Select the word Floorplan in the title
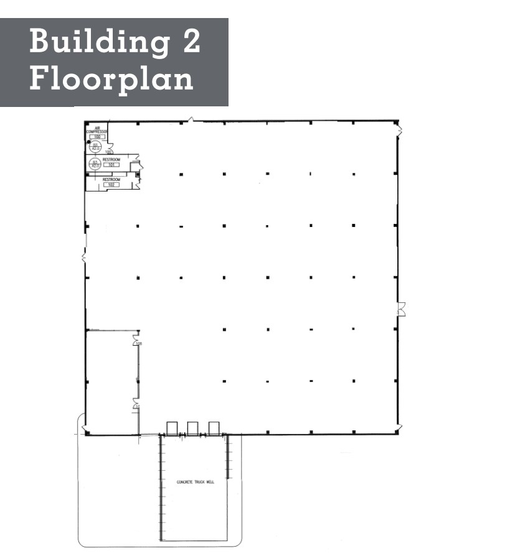[x=111, y=80]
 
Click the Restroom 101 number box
[x=112, y=164]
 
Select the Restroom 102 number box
[x=112, y=185]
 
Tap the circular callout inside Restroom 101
[x=95, y=164]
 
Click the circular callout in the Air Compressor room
[x=97, y=147]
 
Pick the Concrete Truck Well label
[x=195, y=482]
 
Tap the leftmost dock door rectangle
[x=172, y=428]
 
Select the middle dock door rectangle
[x=193, y=428]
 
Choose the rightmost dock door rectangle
[x=214, y=428]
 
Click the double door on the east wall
[x=401, y=307]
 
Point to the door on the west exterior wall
[x=83, y=256]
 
